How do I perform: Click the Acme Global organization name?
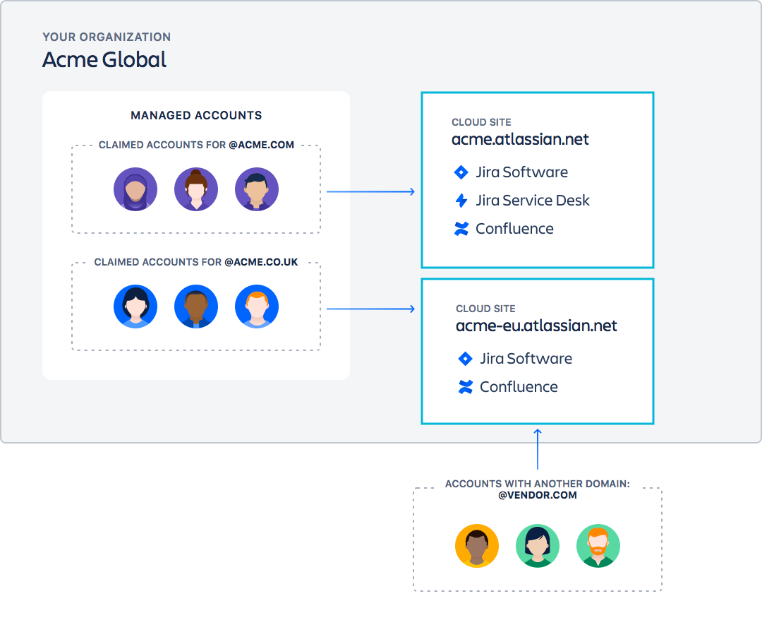point(104,60)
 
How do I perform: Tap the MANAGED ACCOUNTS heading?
point(196,115)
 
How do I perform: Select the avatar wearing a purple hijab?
point(135,189)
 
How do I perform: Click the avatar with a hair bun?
point(196,189)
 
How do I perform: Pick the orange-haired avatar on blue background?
point(257,306)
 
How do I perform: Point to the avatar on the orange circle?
point(477,546)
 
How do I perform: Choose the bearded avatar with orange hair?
point(598,546)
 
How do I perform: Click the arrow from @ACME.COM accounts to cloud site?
point(370,191)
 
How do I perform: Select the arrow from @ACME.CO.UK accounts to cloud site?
point(370,309)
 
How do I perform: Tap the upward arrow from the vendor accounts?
point(538,449)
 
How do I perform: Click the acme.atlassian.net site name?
point(520,139)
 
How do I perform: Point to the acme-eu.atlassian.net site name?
point(536,326)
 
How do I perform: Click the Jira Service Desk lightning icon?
point(461,201)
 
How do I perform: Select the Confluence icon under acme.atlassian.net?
point(461,229)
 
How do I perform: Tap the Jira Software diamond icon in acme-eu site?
point(465,359)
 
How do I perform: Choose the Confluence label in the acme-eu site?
point(519,387)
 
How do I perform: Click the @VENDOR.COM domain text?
point(538,495)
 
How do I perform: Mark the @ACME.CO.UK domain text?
point(261,262)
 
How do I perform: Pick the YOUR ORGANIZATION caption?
point(107,37)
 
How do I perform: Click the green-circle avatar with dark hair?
point(538,546)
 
